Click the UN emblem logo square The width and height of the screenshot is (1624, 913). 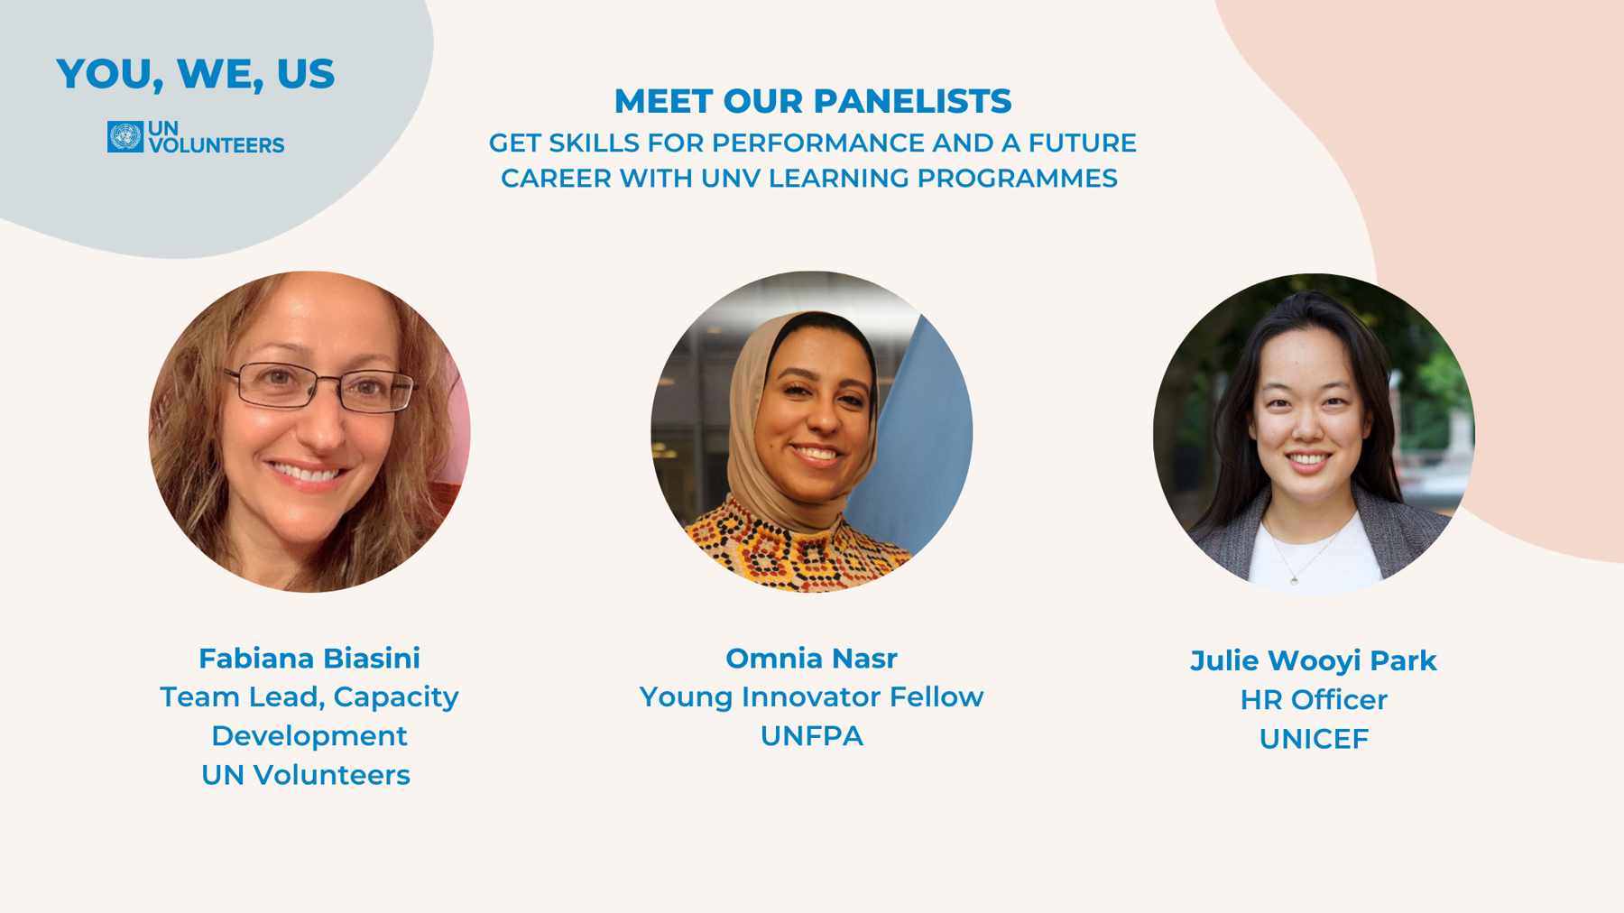pos(125,137)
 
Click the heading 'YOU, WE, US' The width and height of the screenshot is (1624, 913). pos(195,74)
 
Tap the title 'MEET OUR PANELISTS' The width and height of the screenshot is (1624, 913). pos(812,101)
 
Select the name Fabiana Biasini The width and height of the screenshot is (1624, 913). pos(309,659)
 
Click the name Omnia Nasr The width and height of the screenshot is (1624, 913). pos(811,659)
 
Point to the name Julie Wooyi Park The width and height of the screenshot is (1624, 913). pos(1314,661)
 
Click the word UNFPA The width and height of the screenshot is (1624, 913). pos(811,736)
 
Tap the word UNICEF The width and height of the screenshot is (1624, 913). pos(1314,739)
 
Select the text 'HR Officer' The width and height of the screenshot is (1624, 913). pos(1314,700)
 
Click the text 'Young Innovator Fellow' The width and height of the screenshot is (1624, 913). pos(811,697)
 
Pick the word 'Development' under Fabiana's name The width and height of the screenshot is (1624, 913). pos(309,736)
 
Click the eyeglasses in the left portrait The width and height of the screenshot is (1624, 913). pos(321,387)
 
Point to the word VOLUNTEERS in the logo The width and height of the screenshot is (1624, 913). pos(217,145)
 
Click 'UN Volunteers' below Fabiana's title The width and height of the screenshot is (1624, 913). pos(306,775)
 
